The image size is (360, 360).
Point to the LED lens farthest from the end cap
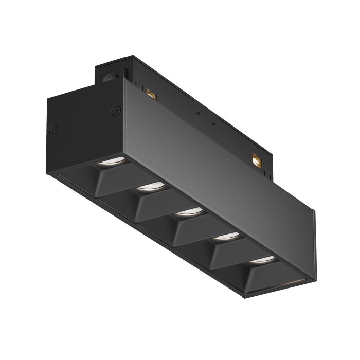[261, 259]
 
